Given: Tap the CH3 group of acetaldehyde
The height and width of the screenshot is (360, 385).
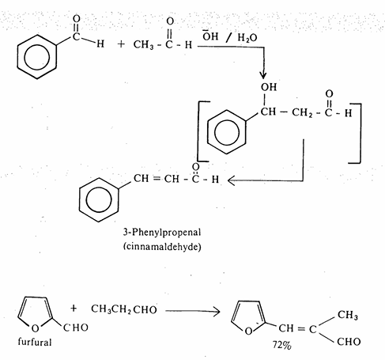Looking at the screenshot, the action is (143, 44).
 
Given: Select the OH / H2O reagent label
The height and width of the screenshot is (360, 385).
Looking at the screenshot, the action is (229, 37).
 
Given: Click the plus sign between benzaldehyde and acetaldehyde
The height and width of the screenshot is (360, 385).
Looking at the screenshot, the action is (121, 44).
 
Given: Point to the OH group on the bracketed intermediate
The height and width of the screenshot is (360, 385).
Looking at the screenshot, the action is (269, 87).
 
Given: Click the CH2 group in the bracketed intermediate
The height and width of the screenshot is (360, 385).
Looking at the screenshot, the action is (302, 112).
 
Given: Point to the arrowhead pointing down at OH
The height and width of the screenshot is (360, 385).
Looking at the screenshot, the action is (263, 75).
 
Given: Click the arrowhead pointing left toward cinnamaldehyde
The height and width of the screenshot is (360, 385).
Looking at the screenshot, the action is (231, 181).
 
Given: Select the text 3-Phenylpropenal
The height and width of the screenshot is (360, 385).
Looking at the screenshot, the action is (162, 233).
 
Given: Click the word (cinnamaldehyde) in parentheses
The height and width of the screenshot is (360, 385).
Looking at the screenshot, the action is (162, 246).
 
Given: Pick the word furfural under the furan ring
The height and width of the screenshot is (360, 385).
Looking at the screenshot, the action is (35, 342).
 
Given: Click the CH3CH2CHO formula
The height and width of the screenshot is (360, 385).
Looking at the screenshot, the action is (124, 309).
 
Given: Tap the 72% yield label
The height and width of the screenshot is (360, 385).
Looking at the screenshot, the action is (282, 345).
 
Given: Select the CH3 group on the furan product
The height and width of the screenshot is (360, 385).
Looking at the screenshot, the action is (348, 315).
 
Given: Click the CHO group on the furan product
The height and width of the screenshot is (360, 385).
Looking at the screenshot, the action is (349, 342).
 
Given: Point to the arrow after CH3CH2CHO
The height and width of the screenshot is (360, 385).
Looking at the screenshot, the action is (193, 311).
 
